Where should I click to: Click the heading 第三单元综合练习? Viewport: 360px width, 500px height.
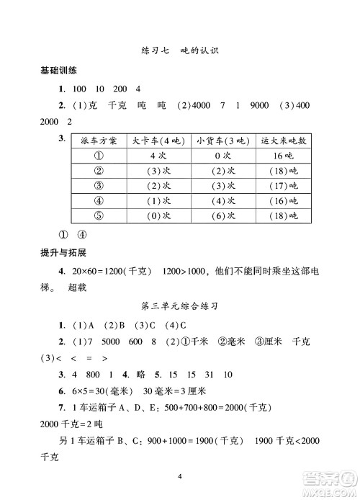coord(180,305)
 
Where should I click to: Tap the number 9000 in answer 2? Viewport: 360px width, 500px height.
coord(260,106)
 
